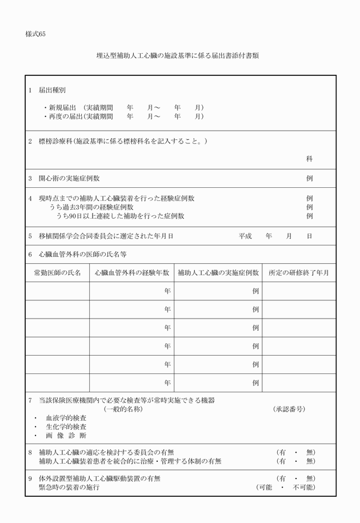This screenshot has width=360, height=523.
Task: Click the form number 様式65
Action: [35, 34]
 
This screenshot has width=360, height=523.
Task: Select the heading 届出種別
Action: [52, 90]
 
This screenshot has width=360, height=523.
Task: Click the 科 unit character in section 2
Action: [309, 159]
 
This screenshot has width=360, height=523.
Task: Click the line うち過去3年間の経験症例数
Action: [91, 207]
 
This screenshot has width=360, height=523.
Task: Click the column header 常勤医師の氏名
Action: [57, 273]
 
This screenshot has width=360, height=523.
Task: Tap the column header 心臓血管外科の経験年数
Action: [132, 273]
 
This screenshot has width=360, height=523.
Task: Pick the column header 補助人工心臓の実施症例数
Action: [218, 273]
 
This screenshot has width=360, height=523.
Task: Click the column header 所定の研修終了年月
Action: [299, 273]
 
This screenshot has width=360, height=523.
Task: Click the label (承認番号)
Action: [289, 409]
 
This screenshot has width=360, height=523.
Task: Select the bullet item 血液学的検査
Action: [66, 418]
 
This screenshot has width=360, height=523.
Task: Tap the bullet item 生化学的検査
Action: [66, 427]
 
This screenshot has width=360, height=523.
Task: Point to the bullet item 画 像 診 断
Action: [66, 436]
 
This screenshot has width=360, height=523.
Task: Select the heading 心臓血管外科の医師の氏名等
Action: [82, 254]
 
